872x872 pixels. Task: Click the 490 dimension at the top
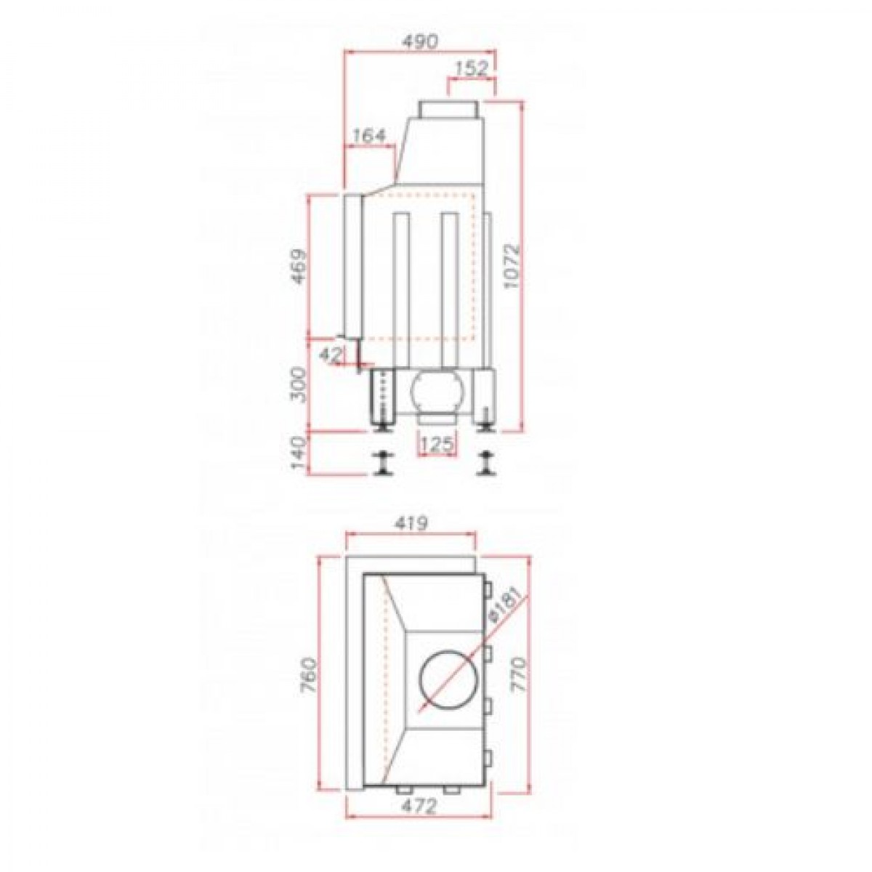[420, 41]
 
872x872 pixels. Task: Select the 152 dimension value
[471, 69]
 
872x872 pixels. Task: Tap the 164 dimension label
[369, 136]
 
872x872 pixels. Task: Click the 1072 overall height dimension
[511, 267]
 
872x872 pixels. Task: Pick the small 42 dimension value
[328, 355]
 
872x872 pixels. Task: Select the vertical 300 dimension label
[299, 385]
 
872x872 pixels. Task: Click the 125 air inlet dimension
[436, 445]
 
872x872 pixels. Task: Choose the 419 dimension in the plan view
[411, 524]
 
